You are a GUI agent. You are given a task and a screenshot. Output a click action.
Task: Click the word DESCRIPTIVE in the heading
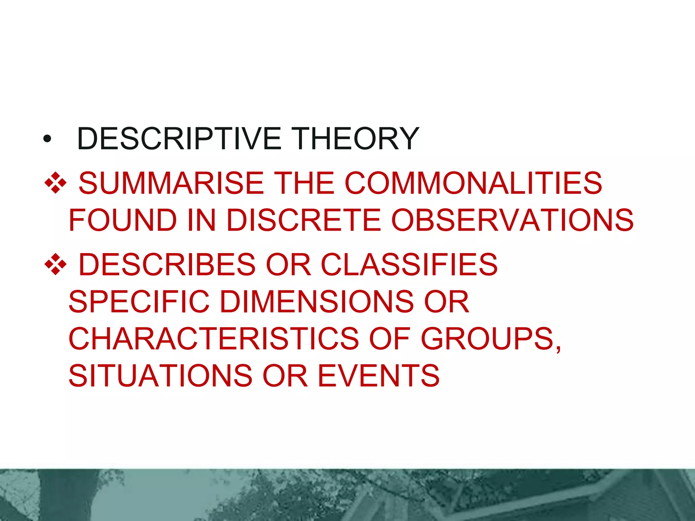click(x=179, y=138)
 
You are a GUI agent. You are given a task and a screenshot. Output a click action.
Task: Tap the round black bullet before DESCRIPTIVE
click(x=47, y=139)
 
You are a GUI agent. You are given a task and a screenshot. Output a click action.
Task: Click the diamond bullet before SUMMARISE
click(x=55, y=183)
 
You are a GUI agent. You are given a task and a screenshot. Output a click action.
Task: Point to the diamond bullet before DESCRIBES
click(x=55, y=265)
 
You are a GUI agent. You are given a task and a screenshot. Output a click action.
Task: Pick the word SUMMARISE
click(x=171, y=183)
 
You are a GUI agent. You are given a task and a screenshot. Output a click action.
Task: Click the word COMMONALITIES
click(x=473, y=183)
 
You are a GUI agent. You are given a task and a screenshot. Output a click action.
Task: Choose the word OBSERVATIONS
click(x=512, y=220)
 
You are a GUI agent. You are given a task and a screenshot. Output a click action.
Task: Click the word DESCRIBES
click(x=167, y=265)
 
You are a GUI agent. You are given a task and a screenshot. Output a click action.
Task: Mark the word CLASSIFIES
click(x=409, y=265)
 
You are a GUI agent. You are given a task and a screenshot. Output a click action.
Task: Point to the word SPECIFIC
click(x=139, y=302)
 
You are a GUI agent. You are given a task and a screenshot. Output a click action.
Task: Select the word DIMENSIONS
click(x=317, y=302)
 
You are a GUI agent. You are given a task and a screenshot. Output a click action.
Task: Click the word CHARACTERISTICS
click(x=213, y=339)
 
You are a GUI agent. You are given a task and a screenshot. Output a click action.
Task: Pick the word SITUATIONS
click(x=160, y=375)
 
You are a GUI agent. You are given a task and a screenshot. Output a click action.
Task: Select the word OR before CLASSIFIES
click(x=288, y=265)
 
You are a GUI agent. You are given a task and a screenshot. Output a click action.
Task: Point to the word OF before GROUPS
click(x=390, y=339)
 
